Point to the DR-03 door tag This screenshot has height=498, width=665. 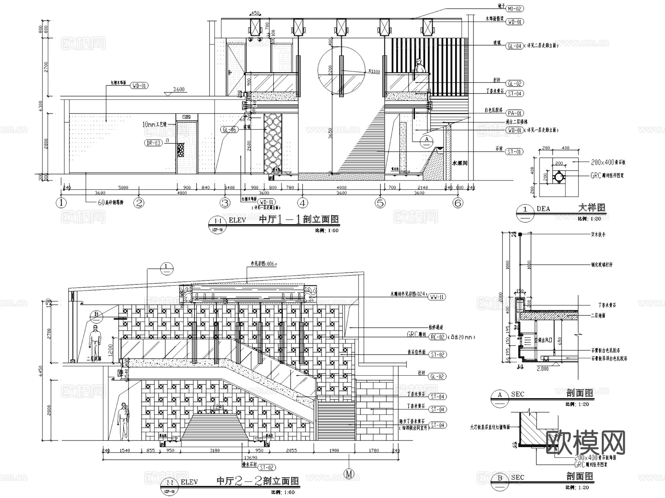tap(153, 143)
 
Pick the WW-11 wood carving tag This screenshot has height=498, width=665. tap(437, 297)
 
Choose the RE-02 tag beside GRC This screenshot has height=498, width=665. tap(437, 337)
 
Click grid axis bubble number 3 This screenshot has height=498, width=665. tap(225, 203)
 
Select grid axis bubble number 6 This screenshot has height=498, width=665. tap(458, 203)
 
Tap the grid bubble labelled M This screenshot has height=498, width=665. tap(349, 474)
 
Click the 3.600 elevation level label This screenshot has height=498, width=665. tap(179, 89)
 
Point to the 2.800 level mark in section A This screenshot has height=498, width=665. tap(542, 369)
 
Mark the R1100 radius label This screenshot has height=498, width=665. tap(374, 71)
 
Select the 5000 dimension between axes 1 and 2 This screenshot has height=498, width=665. tap(123, 187)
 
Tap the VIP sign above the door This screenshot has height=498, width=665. tap(187, 117)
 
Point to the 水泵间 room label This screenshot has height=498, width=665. tap(460, 163)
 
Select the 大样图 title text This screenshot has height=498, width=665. tap(592, 208)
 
